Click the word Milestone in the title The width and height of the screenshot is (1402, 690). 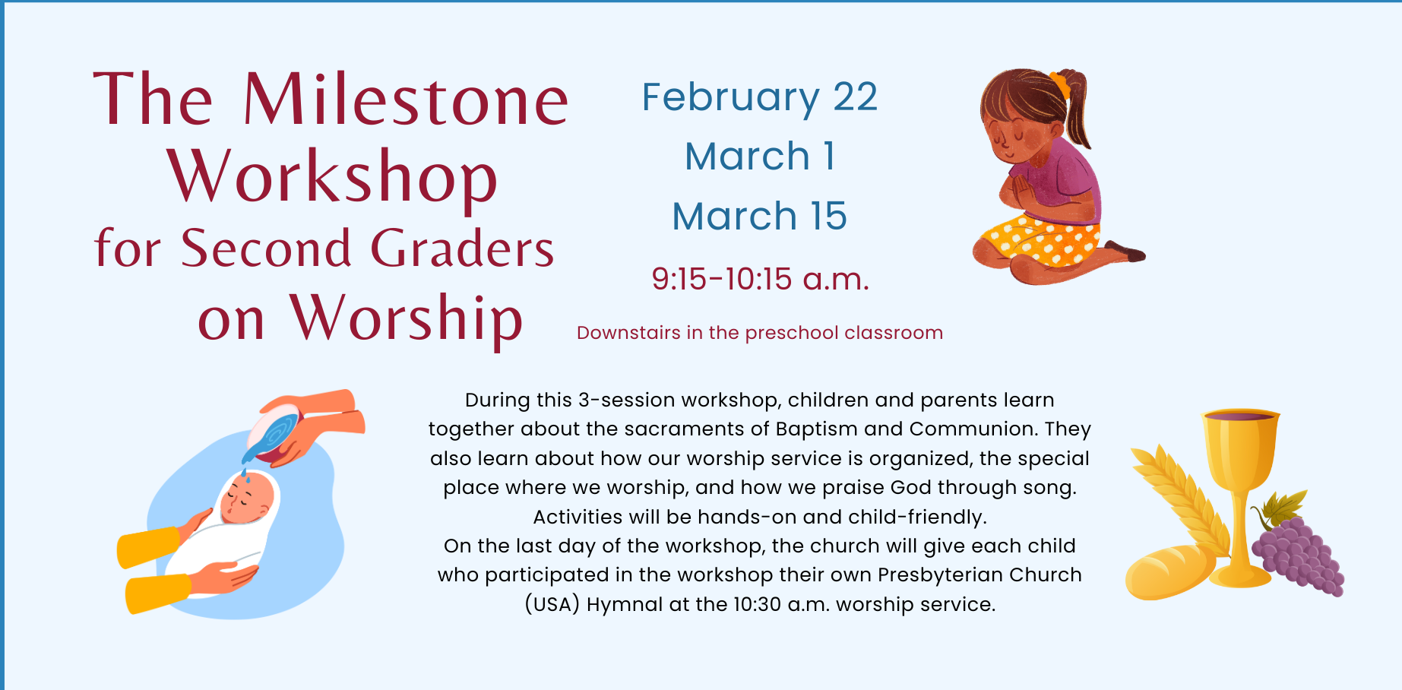tap(406, 99)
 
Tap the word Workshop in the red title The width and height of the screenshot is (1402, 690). tap(332, 176)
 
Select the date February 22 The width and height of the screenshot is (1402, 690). tap(760, 97)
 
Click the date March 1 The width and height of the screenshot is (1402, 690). tap(760, 157)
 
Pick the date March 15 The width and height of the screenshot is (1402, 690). tap(760, 216)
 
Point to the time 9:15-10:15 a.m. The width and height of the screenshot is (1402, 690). tap(760, 279)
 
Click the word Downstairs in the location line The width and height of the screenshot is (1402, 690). tap(628, 333)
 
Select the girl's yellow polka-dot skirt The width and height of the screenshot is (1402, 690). tap(1040, 239)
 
